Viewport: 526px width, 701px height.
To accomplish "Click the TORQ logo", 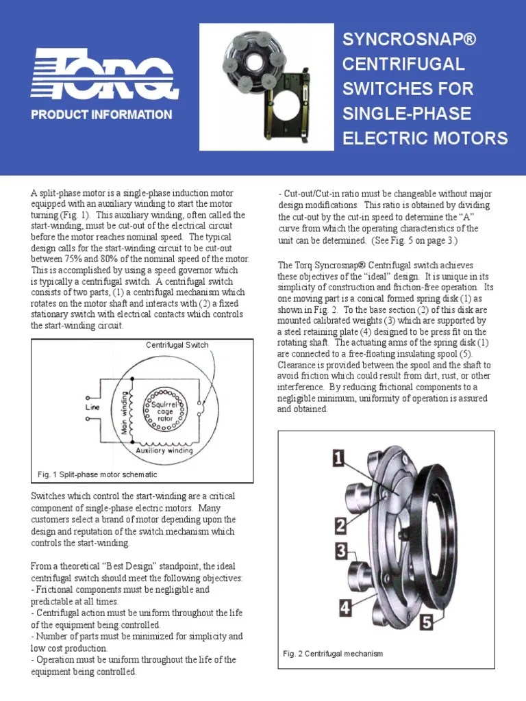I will coord(104,73).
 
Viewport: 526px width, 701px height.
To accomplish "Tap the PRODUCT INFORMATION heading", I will coord(101,115).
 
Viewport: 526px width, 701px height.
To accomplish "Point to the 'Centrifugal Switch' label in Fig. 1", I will coord(177,345).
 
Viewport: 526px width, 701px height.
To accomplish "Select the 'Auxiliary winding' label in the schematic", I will coord(164,451).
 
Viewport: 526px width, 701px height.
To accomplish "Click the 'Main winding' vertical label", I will coord(125,413).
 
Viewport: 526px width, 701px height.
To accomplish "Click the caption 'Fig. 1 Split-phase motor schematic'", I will coord(97,474).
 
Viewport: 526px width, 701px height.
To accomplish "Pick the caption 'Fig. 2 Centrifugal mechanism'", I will coord(333,654).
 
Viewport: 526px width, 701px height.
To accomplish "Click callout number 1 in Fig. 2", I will coord(339,458).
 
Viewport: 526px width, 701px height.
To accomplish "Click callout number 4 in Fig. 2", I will coord(345,607).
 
